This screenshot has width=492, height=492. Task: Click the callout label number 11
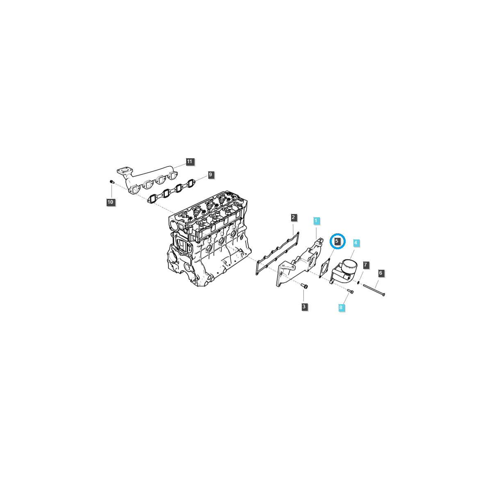coord(189,162)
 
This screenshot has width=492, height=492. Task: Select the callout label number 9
coord(210,175)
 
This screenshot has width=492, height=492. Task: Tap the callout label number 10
coord(110,202)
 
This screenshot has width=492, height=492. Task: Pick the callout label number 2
coord(293,217)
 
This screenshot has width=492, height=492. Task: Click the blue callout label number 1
coord(316,221)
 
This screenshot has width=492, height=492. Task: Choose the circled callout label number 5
coord(337,241)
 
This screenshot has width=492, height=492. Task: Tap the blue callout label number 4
coord(356,243)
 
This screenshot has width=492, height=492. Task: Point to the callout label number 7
coord(365,265)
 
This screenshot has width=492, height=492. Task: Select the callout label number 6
coord(380,273)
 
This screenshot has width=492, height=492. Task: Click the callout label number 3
coord(304,307)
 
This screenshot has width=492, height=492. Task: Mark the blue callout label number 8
coord(341,307)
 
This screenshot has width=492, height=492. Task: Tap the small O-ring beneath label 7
coord(359,282)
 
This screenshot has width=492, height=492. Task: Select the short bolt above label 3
coord(304,285)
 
